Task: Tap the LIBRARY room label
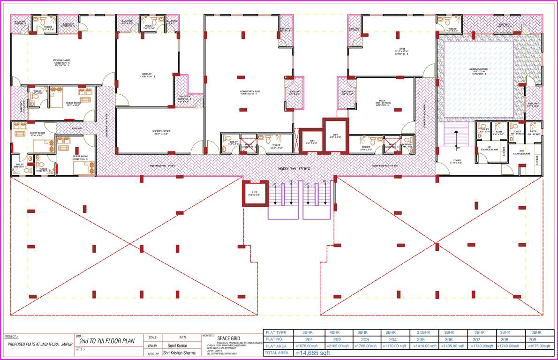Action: click(146, 74)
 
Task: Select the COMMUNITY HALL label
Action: click(247, 91)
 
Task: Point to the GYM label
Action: click(401, 49)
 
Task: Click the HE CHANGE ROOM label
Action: click(489, 149)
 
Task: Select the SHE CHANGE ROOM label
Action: click(521, 152)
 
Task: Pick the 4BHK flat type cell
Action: click(336, 332)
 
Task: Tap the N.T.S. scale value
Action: click(183, 337)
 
